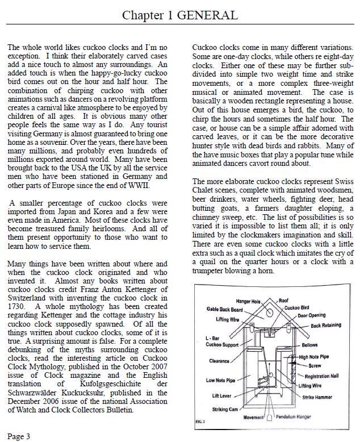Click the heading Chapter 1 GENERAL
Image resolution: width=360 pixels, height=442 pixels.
[x=180, y=15]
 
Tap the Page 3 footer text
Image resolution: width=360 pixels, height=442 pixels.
[x=19, y=436]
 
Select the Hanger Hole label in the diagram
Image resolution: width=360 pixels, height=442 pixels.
[x=248, y=301]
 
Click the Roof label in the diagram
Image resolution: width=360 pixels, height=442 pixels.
[x=284, y=301]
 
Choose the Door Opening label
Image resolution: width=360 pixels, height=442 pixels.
[x=312, y=315]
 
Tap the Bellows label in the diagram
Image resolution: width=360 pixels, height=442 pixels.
[x=310, y=344]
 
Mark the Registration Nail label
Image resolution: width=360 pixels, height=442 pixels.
[x=321, y=377]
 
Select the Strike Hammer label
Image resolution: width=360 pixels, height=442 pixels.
[x=316, y=397]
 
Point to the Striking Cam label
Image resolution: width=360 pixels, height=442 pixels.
[x=225, y=409]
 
